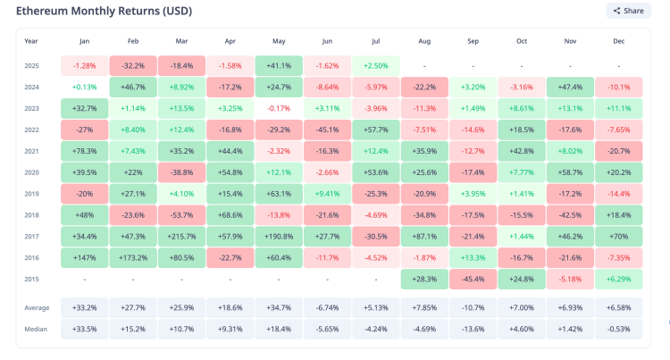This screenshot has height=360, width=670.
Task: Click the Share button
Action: click(628, 11)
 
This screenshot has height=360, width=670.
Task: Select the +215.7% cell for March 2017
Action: click(180, 236)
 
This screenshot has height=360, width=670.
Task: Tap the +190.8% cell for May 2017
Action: click(278, 236)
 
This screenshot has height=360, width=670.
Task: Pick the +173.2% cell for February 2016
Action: click(132, 256)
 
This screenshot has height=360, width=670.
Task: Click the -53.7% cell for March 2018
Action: click(180, 215)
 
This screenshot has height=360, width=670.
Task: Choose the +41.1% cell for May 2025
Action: click(278, 66)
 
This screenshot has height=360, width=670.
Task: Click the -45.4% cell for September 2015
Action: click(473, 278)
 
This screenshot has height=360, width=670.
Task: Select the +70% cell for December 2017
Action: click(618, 236)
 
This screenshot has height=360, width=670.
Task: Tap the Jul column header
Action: click(375, 41)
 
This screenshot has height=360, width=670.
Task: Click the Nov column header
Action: click(569, 41)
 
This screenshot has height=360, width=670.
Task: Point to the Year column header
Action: click(31, 41)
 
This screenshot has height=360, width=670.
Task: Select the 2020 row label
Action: click(31, 172)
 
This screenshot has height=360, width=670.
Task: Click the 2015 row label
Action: click(31, 278)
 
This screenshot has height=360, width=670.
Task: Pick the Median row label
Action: click(36, 328)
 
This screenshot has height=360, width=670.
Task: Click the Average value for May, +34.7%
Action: click(278, 307)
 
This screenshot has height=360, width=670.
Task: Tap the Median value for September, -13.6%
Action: click(473, 328)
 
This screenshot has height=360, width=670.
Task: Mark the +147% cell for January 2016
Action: click(84, 256)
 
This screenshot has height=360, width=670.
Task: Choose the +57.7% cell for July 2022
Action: click(375, 130)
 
